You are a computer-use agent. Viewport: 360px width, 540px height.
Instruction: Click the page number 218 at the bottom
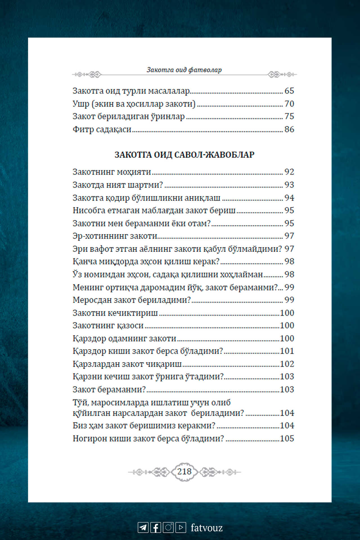[x=184, y=472]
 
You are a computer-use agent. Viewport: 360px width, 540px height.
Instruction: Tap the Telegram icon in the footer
[x=143, y=527]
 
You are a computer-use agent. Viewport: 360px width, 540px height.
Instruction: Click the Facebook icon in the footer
[x=156, y=527]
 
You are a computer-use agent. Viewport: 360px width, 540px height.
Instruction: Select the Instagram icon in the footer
[x=168, y=527]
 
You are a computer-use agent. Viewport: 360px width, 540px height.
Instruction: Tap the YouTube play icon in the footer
[x=181, y=527]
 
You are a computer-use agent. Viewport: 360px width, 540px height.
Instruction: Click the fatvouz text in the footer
[x=207, y=528]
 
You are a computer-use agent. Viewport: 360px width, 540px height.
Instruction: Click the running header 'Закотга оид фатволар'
[x=184, y=70]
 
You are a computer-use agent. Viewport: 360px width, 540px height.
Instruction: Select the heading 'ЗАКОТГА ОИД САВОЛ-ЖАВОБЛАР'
[x=184, y=155]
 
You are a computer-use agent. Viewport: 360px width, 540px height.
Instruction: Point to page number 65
[x=289, y=91]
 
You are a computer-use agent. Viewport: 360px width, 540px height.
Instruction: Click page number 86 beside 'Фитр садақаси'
[x=289, y=129]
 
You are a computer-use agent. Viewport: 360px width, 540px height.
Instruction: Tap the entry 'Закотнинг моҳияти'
[x=112, y=172]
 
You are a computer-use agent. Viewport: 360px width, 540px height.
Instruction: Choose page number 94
[x=289, y=198]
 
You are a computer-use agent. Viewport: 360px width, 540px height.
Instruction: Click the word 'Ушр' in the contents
[x=81, y=104]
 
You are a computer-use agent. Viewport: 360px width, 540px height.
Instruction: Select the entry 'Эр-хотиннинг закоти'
[x=115, y=236]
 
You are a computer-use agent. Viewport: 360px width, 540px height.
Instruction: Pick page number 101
[x=287, y=351]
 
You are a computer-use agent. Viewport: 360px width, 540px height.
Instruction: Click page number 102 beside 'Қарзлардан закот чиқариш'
[x=287, y=364]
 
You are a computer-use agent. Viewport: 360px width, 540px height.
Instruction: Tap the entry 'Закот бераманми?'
[x=109, y=390]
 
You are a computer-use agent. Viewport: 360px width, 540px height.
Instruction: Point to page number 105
[x=287, y=438]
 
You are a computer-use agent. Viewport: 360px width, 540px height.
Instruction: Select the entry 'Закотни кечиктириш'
[x=115, y=313]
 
